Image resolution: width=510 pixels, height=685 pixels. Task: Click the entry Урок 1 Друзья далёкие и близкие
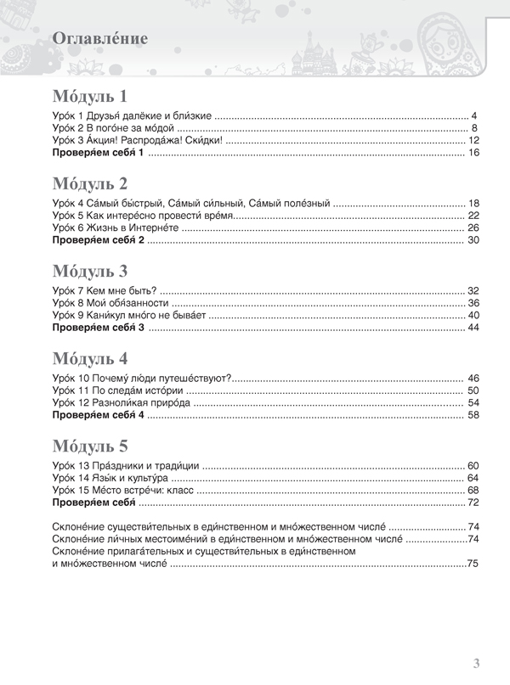point(132,115)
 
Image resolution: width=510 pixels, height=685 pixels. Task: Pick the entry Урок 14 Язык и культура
point(115,479)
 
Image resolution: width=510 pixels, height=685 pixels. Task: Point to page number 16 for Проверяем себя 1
point(474,153)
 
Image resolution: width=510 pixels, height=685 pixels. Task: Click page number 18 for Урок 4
point(474,204)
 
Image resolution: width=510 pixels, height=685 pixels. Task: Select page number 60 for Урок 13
point(474,466)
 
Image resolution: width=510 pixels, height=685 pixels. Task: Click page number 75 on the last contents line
point(473,564)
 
